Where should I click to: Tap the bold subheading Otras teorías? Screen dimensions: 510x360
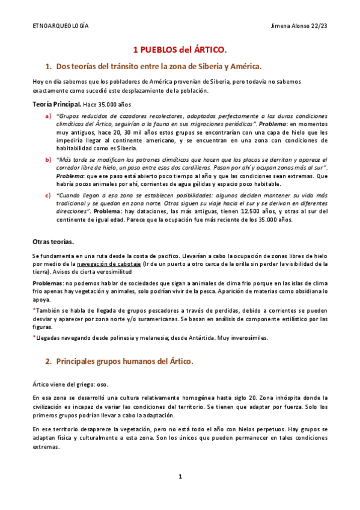[x=53, y=242]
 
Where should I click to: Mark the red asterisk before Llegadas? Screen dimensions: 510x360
[x=34, y=337]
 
